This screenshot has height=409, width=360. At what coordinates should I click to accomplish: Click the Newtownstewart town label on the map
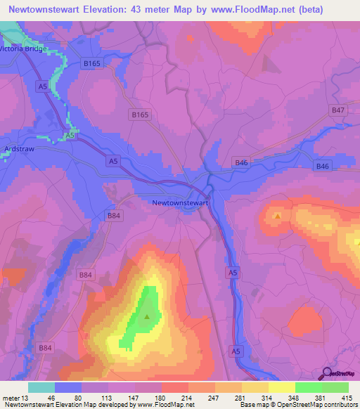point(181,202)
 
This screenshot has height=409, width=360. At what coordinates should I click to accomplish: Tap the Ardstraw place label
point(18,149)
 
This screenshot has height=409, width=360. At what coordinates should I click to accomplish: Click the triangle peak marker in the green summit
point(146,317)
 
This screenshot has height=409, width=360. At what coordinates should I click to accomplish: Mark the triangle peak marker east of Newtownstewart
point(278,216)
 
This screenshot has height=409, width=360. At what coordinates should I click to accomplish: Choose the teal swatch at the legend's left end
point(41,387)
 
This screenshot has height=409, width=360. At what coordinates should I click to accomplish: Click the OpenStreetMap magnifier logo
point(326,375)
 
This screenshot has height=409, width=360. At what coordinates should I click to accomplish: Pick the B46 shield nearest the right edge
point(323,166)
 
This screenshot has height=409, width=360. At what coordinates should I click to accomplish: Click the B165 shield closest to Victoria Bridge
point(92,63)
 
